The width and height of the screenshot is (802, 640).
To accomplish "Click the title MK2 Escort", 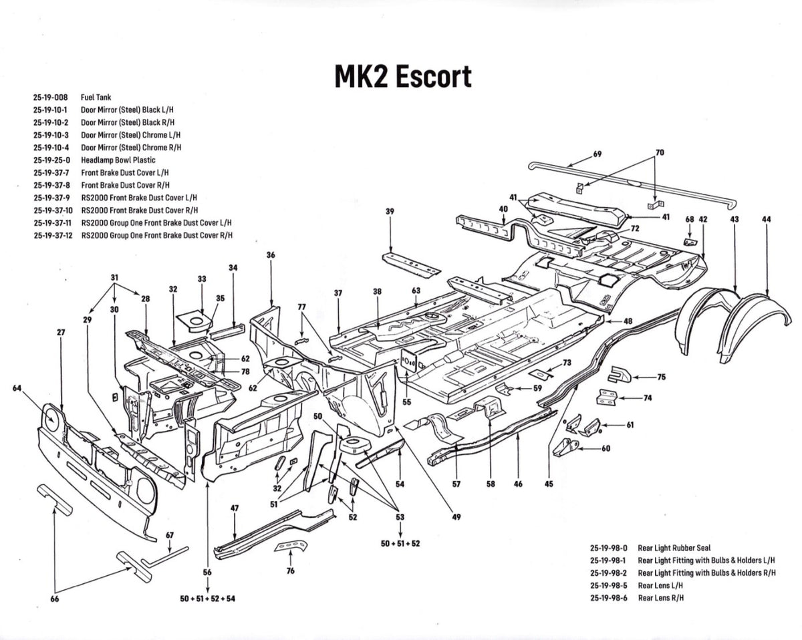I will [402, 76].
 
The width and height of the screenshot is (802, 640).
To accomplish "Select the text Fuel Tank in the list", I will [96, 97].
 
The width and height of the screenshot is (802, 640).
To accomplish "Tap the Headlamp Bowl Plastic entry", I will [118, 160].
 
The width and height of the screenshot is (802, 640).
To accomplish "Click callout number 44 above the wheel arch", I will [766, 219].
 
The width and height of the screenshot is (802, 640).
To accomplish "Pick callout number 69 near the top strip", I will [597, 154].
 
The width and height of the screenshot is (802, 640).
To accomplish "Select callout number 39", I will [390, 212].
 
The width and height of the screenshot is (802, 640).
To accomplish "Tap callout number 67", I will [170, 534].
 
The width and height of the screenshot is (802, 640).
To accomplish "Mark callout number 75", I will [661, 377].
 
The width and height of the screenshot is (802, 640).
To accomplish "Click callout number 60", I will [606, 448].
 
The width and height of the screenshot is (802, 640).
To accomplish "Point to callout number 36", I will [271, 255].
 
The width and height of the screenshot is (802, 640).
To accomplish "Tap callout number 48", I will [628, 321].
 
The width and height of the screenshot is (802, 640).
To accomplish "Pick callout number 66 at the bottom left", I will [55, 599].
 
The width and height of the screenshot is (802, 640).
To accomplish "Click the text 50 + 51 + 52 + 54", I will [208, 599].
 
